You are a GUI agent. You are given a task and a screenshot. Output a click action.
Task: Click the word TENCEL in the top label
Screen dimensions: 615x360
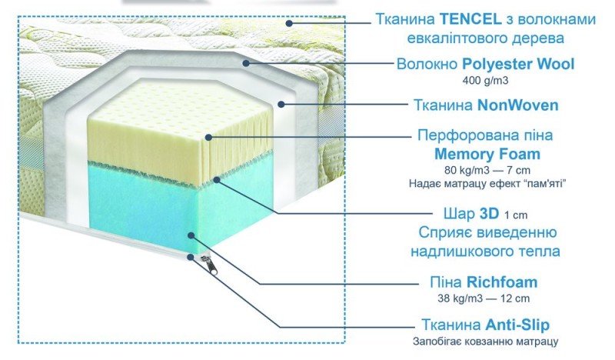pos(470,18)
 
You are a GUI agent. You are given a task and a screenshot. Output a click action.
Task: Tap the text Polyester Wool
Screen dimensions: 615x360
pos(518,64)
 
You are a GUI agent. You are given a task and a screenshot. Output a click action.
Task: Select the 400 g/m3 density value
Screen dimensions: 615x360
pos(485,81)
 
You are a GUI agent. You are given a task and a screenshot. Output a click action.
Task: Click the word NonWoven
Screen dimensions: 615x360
pos(517,105)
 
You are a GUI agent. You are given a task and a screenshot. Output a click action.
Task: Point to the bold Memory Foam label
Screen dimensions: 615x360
pos(487,154)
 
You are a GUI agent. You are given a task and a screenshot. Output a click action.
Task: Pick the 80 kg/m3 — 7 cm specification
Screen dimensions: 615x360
pos(487,170)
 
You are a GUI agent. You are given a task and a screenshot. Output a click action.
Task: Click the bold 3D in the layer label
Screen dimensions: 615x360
pos(489,214)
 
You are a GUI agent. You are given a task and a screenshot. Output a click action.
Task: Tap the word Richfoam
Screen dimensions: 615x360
pos(502,282)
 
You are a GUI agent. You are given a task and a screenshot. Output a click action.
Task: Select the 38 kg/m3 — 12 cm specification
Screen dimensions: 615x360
pos(484,298)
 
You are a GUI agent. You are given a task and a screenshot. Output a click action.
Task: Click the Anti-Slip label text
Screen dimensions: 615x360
pos(517,325)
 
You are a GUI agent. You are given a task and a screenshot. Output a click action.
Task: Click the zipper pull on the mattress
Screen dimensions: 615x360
pos(211,265)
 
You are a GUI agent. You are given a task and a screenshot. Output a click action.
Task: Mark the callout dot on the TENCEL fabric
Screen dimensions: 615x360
pos(289,23)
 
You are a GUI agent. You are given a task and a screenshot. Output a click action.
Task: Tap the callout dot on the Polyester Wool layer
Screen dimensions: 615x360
pos(246,63)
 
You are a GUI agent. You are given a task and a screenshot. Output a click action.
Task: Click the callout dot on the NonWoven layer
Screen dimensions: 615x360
pos(281,104)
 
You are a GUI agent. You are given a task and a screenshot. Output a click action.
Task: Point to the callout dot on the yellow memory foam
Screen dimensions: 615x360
pos(208,137)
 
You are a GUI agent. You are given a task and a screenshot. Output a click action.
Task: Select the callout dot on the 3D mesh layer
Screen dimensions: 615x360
pos(217,179)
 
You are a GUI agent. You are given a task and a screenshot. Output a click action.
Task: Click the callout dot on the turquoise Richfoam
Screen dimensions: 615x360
pos(191,235)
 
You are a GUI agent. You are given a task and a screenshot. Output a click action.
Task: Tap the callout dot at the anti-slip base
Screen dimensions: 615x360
pos(190,257)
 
